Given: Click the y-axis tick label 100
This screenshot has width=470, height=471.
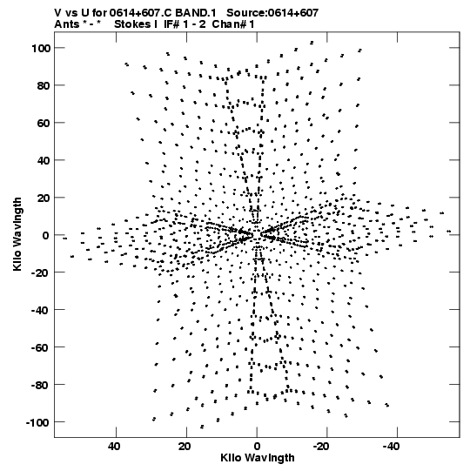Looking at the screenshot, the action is click(x=41, y=48).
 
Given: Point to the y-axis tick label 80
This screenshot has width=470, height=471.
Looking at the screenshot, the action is click(x=44, y=85).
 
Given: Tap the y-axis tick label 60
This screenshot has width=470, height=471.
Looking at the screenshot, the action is click(x=44, y=123).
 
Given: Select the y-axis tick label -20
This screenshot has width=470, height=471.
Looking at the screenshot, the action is click(x=41, y=273).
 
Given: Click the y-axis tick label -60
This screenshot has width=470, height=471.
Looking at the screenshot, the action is click(x=41, y=347).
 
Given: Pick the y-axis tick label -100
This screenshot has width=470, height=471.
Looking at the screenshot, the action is click(x=37, y=422).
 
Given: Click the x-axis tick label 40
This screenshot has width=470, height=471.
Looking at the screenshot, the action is click(x=115, y=447).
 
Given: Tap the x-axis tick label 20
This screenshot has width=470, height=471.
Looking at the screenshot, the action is click(x=185, y=447).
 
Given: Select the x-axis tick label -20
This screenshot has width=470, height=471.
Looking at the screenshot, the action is click(x=320, y=447).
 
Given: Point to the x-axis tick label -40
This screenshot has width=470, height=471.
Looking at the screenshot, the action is click(x=391, y=447).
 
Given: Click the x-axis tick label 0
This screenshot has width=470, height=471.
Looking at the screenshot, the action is click(x=257, y=447).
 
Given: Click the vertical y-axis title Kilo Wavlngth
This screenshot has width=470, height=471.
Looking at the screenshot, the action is click(x=17, y=234).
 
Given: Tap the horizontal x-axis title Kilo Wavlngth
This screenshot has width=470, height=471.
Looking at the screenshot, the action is click(x=258, y=458).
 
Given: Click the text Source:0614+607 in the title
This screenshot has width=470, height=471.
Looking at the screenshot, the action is click(x=272, y=13).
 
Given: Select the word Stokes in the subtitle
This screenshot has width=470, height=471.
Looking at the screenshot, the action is click(x=133, y=24).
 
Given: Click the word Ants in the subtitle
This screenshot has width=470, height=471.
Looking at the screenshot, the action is click(x=67, y=24).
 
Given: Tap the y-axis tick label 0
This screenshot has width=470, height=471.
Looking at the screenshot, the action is click(x=46, y=235).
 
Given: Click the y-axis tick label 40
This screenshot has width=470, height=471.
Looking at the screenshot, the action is click(x=44, y=160).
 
